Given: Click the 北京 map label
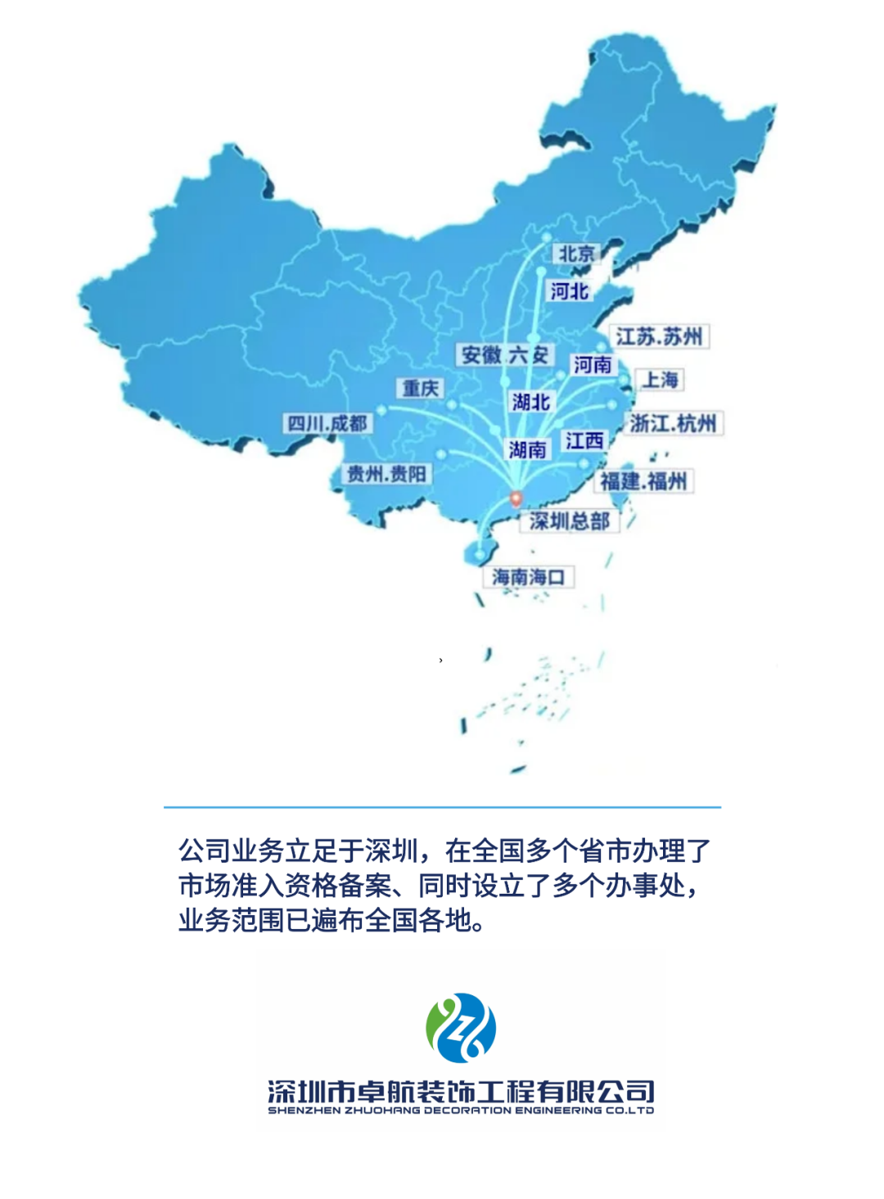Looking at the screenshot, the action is (x=577, y=255).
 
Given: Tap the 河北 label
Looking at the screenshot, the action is (x=570, y=291).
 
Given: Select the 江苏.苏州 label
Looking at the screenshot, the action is (x=660, y=337).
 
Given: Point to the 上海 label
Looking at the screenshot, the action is (x=661, y=380).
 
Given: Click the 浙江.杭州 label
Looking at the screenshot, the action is (x=673, y=423).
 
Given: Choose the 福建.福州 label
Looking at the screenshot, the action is (x=643, y=481).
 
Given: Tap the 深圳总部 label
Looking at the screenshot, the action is (x=570, y=521).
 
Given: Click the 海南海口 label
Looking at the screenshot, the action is (x=528, y=577).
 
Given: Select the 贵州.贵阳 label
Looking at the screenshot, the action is (x=386, y=474).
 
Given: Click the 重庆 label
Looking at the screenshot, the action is (x=421, y=388).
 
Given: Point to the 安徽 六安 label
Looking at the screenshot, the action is (x=504, y=354).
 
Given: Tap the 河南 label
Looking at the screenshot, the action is (x=593, y=365).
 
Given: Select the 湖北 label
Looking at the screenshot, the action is (x=530, y=402).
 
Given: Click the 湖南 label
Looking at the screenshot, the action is (x=527, y=449).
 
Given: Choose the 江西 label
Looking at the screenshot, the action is (x=584, y=441).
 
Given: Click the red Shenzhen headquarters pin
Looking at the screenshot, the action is (x=516, y=498).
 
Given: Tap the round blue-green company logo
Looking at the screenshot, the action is (x=461, y=1029).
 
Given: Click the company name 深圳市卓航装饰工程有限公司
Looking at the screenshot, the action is (x=461, y=1091).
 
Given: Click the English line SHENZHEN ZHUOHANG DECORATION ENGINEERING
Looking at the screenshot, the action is (x=461, y=1111).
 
